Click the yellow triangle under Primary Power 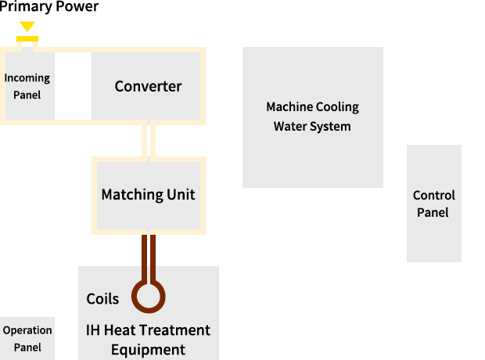27,27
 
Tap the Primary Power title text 49,8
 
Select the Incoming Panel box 27,86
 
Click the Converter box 148,86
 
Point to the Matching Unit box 148,195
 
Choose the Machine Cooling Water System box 312,117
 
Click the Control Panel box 433,203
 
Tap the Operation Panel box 27,338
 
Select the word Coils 102,299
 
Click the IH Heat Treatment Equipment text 148,340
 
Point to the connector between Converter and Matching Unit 148,140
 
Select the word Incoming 27,78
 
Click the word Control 433,196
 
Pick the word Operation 27,330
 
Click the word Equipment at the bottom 148,350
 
